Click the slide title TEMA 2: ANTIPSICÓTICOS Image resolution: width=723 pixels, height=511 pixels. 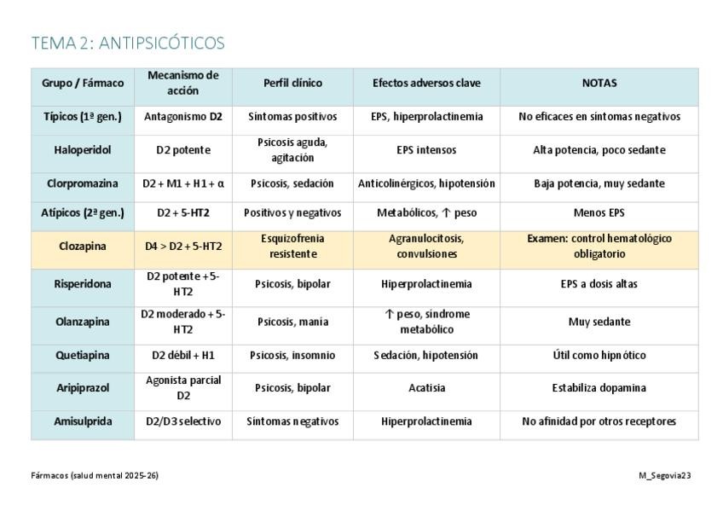128,43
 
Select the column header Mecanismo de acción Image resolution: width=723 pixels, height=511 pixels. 183,83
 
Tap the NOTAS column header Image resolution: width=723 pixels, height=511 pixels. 599,83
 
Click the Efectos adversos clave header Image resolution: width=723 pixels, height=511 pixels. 426,83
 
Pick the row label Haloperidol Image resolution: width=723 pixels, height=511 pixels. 83,150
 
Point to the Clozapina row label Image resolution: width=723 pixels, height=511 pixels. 83,247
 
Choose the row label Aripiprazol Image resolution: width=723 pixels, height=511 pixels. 83,388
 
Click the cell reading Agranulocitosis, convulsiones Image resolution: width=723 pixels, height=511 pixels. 426,247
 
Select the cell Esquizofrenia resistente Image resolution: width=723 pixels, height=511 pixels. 292,247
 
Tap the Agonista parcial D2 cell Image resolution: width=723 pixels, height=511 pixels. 183,388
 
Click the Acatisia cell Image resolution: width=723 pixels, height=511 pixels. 426,388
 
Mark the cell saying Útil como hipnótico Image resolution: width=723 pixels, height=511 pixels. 599,355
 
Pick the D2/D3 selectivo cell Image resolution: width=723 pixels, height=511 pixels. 183,421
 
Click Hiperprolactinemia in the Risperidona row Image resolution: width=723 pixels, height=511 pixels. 426,284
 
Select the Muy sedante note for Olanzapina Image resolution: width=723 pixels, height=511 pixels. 599,322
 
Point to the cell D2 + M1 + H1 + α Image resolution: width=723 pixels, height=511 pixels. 183,183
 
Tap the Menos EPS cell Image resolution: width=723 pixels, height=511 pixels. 599,213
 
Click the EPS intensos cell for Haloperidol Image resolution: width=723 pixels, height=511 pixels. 426,150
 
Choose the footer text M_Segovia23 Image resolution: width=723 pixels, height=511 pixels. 664,475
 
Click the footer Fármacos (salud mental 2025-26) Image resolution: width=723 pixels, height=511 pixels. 95,475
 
